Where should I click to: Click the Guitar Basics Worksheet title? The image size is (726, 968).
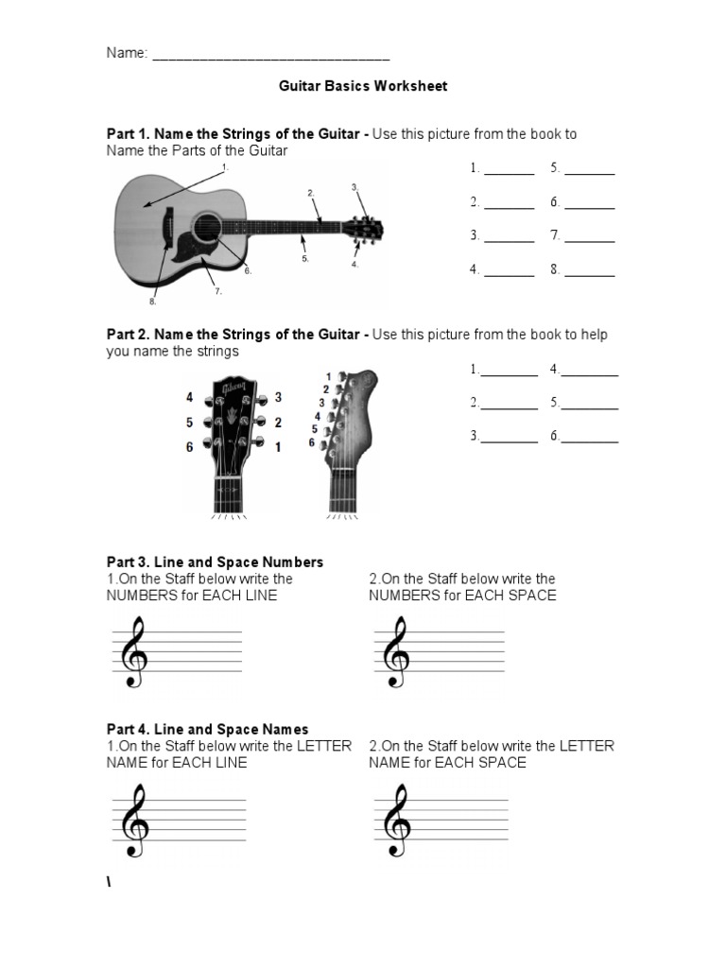click(x=362, y=86)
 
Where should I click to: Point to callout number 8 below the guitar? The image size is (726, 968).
click(x=151, y=302)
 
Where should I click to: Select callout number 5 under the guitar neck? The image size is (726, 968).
click(x=305, y=258)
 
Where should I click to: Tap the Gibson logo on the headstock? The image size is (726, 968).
click(x=233, y=390)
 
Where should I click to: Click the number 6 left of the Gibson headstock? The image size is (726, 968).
click(x=190, y=447)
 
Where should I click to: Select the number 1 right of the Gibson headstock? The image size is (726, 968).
click(x=278, y=447)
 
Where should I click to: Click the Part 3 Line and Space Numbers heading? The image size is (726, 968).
click(x=215, y=562)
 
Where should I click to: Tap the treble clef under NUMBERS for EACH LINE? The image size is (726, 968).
click(x=135, y=652)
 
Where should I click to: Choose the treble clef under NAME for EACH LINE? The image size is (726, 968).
click(x=135, y=821)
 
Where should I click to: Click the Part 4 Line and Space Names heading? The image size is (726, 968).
click(x=207, y=729)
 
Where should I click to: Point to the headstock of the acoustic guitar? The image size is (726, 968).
click(x=363, y=229)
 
